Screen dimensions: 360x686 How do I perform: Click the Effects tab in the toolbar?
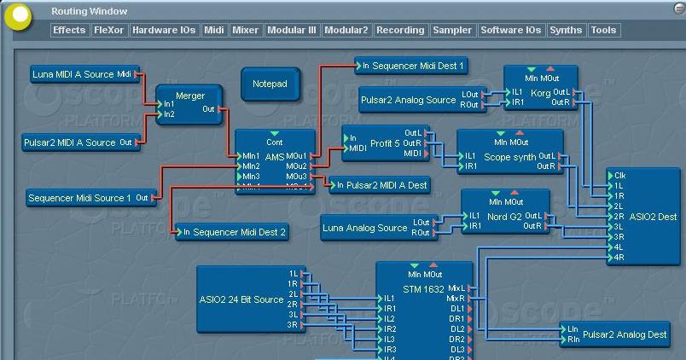tap(69, 30)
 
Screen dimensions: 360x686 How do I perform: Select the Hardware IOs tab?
tap(164, 30)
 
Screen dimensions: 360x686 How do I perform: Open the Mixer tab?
tap(245, 30)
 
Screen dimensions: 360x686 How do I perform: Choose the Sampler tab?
tap(452, 30)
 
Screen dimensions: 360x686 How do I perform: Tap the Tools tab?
tap(603, 30)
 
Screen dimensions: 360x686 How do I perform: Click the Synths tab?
tap(566, 30)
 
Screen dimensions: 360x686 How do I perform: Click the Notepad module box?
tap(270, 84)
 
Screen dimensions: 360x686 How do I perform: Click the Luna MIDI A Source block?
tap(83, 74)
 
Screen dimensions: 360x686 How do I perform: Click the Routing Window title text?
tap(90, 11)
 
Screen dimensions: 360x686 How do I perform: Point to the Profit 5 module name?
tap(385, 143)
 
